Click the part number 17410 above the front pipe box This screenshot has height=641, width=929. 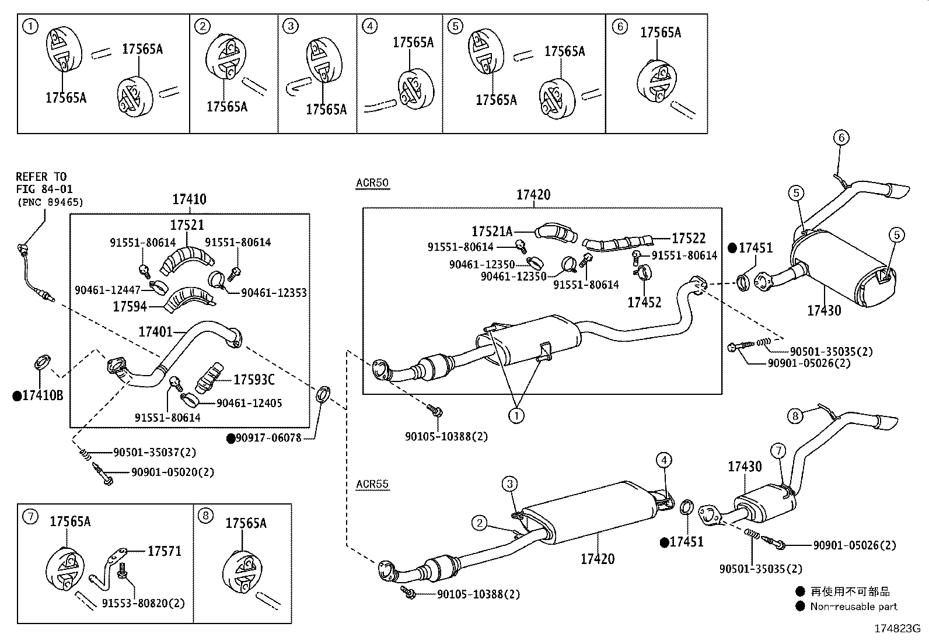[x=189, y=199]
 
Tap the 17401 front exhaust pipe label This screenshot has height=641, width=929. [x=155, y=332]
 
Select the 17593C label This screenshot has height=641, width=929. [x=254, y=380]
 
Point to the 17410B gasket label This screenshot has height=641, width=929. [x=42, y=396]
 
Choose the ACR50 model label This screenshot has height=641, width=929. [x=372, y=183]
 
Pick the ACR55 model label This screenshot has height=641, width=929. [x=372, y=484]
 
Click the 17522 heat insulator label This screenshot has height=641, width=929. [x=689, y=238]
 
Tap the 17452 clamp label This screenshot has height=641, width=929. [x=644, y=302]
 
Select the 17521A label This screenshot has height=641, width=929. [x=492, y=232]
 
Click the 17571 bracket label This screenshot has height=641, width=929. [x=164, y=551]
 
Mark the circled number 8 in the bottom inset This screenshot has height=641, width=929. [x=205, y=516]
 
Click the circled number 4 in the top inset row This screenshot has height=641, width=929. [x=369, y=26]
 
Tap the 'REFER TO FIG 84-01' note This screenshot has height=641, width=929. [x=41, y=181]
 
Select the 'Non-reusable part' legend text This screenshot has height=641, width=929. [x=853, y=607]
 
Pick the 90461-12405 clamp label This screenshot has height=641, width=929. [x=249, y=403]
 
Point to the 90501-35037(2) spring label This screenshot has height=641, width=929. [x=155, y=452]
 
